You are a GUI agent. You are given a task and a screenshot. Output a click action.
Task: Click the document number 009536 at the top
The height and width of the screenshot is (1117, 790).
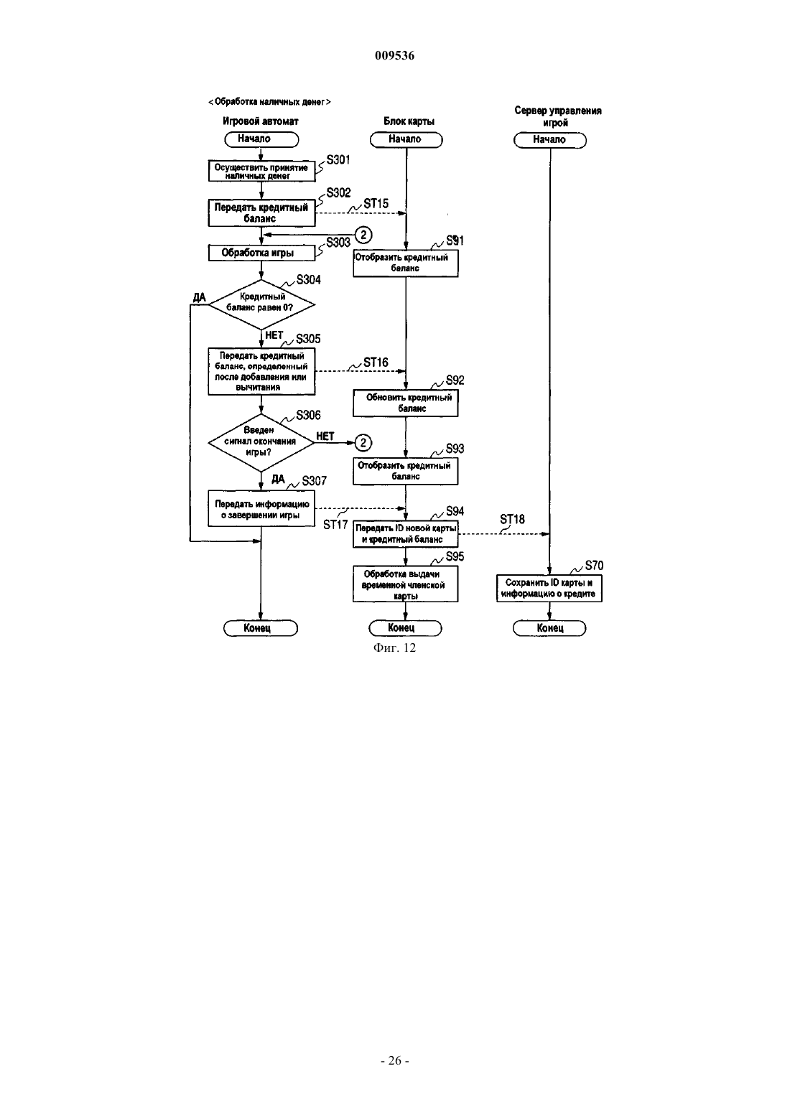coord(394,55)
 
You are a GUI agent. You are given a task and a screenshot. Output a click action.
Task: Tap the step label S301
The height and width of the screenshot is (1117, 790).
coord(338,159)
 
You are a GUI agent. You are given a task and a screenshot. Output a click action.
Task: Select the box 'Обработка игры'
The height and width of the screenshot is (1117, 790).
coord(261,253)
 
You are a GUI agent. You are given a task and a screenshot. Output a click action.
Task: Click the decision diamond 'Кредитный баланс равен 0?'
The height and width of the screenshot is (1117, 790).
coord(261,304)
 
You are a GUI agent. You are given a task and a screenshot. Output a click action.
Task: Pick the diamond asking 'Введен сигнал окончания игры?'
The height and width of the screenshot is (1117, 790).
coord(261,442)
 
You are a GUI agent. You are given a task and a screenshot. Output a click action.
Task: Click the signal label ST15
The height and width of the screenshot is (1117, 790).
coord(376,203)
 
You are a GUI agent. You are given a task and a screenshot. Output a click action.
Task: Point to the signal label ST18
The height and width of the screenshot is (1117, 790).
coord(512,519)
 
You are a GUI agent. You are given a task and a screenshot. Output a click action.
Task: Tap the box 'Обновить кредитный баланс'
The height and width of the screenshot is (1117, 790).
coord(406,403)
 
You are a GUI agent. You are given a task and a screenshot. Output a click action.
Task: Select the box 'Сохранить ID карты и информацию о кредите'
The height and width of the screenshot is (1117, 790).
coord(549,589)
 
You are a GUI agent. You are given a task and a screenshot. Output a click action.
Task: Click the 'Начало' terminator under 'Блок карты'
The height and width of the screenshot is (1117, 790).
coord(406,139)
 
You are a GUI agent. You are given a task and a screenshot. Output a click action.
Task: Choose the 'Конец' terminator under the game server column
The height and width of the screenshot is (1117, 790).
coord(549,628)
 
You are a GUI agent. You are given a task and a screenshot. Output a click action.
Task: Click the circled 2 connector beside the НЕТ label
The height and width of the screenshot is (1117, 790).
coord(363,443)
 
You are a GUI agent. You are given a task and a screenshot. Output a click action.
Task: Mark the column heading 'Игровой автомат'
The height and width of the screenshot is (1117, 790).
coord(260,121)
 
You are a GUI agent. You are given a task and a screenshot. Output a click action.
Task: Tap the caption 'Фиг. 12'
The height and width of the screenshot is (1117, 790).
coord(394,648)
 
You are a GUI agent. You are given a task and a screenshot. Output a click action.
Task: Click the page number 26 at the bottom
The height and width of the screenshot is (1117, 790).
coord(394,1060)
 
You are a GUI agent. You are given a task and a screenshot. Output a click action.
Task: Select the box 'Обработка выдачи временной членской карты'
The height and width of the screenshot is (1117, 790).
coord(406,584)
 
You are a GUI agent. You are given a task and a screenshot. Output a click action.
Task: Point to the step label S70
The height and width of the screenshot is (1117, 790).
coord(594,566)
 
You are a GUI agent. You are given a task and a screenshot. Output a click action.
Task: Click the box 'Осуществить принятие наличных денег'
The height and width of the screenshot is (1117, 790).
coord(261,171)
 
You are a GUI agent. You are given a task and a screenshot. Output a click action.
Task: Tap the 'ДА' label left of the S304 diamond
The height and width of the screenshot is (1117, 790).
coord(200,298)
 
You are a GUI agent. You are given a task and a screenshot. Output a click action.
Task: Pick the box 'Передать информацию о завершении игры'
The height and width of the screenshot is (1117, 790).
coord(261,510)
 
